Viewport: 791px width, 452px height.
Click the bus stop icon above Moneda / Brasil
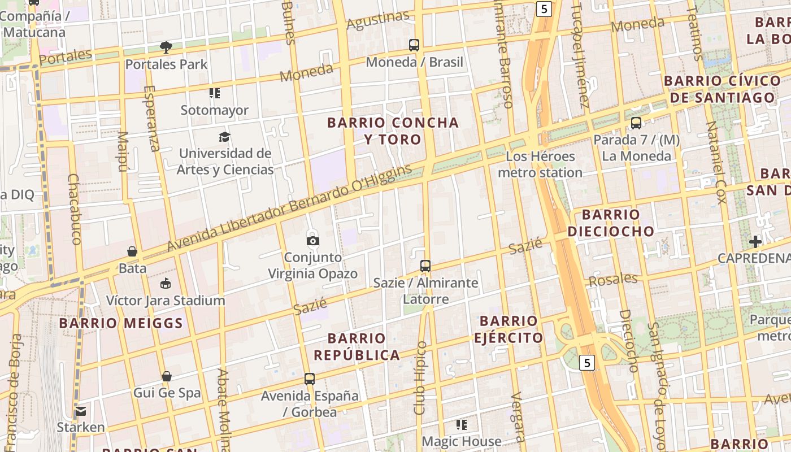click(x=414, y=45)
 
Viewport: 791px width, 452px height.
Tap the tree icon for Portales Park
click(x=166, y=47)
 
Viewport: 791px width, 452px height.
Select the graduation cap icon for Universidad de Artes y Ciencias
click(x=225, y=137)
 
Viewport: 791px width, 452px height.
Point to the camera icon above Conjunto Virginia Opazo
click(x=312, y=241)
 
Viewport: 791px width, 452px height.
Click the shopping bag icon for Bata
click(x=132, y=251)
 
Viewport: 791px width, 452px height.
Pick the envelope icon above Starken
click(x=81, y=411)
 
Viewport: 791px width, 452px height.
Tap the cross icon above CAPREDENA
click(x=755, y=242)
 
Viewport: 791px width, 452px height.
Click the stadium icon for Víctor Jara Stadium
click(x=166, y=284)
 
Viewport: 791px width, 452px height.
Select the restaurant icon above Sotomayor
click(x=214, y=93)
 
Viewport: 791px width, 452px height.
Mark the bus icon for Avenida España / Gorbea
click(x=310, y=379)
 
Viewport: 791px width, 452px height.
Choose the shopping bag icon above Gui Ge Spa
click(x=167, y=376)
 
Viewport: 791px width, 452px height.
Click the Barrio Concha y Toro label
click(x=393, y=131)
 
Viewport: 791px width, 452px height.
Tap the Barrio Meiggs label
click(x=121, y=323)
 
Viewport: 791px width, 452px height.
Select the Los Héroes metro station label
click(x=540, y=164)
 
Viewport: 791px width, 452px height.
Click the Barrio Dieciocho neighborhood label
click(x=611, y=223)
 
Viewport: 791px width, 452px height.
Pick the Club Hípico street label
click(x=420, y=378)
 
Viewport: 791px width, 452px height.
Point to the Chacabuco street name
click(x=75, y=208)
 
